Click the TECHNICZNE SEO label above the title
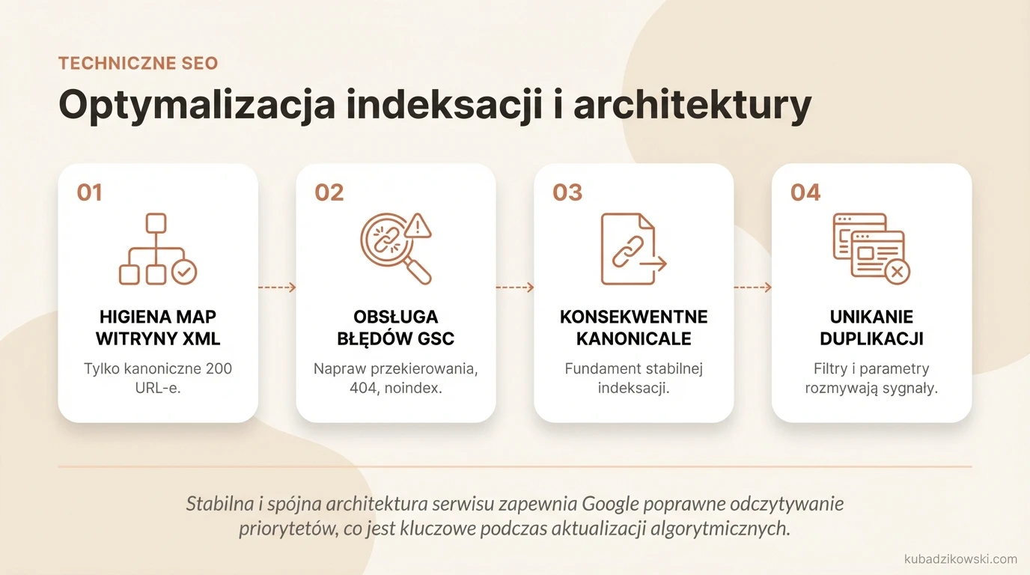[x=138, y=64]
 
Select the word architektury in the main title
[x=692, y=106]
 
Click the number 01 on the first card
[x=89, y=192]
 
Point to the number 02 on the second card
[x=329, y=192]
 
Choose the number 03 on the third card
[x=567, y=192]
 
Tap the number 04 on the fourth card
[x=805, y=192]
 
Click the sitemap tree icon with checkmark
[x=157, y=249]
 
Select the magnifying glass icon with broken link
[x=392, y=249]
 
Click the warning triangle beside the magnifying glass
[x=418, y=224]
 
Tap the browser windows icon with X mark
[x=871, y=249]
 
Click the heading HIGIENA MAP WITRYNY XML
[x=158, y=327]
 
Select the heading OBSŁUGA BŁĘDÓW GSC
[x=395, y=327]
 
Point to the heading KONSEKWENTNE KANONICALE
[x=633, y=327]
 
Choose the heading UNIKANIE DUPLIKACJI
[x=871, y=327]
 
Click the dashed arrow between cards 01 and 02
[x=277, y=287]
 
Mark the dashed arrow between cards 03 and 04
[x=752, y=287]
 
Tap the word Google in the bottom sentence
[x=609, y=503]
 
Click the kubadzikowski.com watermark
[x=960, y=559]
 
